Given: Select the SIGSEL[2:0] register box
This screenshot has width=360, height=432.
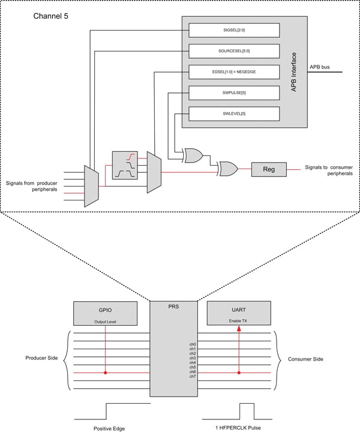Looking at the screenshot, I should pos(234,30).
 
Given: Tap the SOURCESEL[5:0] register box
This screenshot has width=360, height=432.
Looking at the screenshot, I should pos(234,50).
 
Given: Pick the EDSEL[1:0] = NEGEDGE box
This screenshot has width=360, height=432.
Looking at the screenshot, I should pos(234,71).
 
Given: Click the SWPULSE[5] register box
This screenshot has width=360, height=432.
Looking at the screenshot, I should pos(234,92).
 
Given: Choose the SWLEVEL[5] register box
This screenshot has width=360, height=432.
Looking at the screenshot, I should pos(234,113).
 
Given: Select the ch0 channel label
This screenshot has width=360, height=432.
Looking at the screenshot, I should pos(191,344).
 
